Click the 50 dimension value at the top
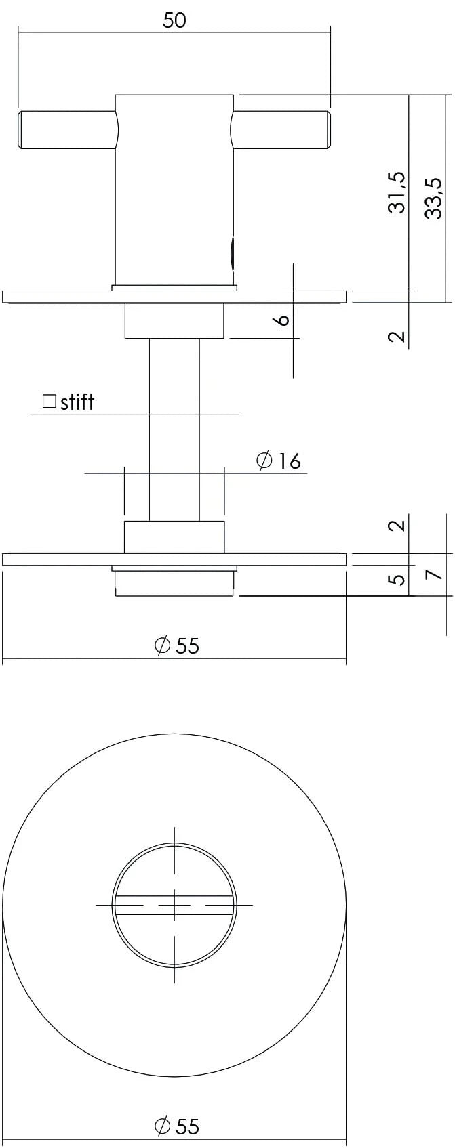(174, 20)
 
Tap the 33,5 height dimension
(434, 197)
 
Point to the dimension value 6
(283, 319)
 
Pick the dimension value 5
(399, 579)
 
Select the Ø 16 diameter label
(279, 461)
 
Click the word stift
(77, 402)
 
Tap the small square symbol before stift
(49, 401)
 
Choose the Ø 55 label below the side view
(177, 645)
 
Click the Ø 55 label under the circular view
(177, 1126)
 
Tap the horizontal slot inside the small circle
(174, 904)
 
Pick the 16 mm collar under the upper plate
(174, 321)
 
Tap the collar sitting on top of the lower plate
(174, 536)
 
